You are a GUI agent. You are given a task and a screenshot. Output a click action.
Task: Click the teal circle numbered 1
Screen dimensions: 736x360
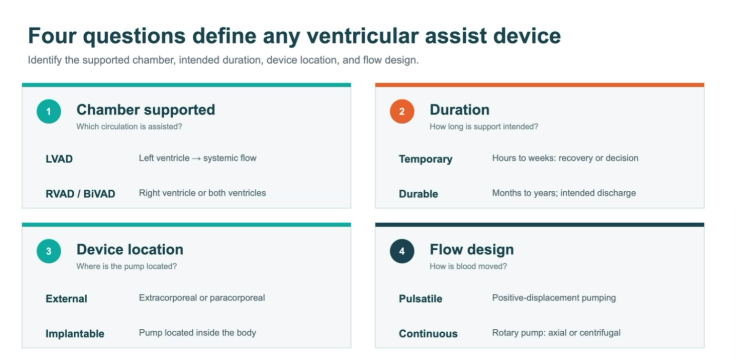[x=49, y=111]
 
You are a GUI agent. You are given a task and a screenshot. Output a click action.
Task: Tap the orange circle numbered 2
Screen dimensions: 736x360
[x=402, y=111]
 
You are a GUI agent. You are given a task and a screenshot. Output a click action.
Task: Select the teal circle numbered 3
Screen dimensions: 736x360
[x=49, y=251]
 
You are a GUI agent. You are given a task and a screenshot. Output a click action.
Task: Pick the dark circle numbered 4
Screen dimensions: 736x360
[x=402, y=251]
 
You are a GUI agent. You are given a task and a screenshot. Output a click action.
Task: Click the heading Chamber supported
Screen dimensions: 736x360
[x=146, y=110]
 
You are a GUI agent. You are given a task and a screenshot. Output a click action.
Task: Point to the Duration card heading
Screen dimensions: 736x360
[x=460, y=110]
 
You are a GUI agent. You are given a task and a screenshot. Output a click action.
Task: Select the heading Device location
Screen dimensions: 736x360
[x=130, y=250]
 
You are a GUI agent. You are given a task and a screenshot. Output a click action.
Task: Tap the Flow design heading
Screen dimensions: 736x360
[x=471, y=250]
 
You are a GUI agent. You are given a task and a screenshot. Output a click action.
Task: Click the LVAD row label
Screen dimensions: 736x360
[x=59, y=159]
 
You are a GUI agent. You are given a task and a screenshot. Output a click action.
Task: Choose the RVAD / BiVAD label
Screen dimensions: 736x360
[x=80, y=194]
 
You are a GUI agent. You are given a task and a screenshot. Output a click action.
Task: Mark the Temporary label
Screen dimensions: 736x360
[x=426, y=159]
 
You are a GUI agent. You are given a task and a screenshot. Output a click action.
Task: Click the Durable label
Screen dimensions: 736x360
[x=419, y=194]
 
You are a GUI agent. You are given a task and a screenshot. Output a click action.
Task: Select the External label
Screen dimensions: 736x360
[x=66, y=299]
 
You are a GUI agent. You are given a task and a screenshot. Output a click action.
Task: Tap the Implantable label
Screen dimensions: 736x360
[x=75, y=334]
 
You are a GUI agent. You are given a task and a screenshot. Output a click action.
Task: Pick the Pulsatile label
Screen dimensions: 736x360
[x=420, y=299]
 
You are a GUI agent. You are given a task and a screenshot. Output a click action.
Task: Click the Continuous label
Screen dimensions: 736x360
[x=428, y=334]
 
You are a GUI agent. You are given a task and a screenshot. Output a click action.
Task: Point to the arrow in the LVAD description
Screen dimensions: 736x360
[x=196, y=158]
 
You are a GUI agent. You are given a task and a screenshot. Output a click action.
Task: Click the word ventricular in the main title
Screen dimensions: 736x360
[x=362, y=36]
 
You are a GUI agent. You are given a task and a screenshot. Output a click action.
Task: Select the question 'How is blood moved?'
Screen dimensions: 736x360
[x=468, y=266]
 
